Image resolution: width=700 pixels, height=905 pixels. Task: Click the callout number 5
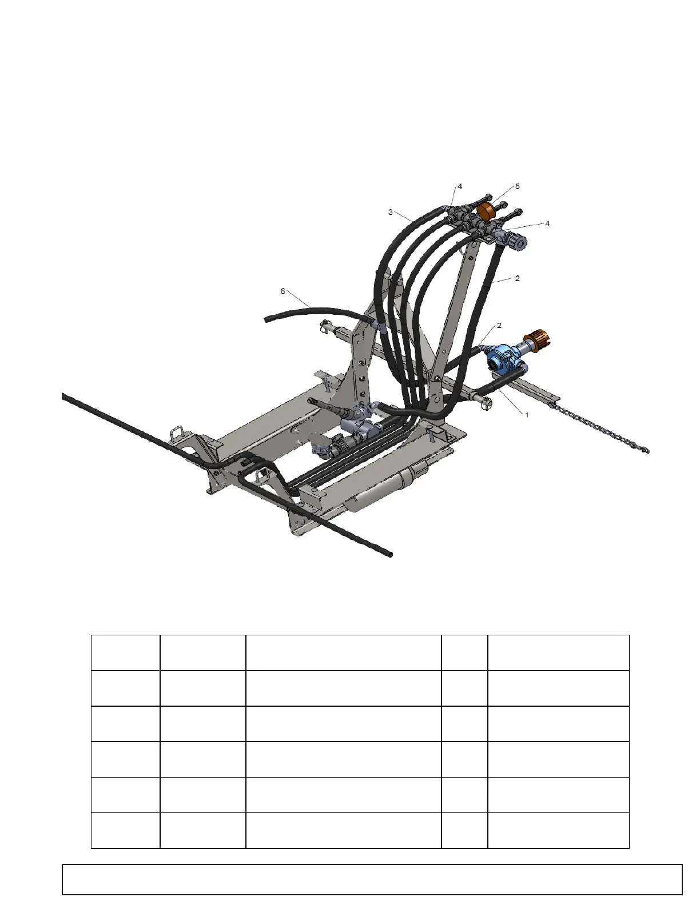[518, 186]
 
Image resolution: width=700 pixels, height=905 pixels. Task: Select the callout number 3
[390, 212]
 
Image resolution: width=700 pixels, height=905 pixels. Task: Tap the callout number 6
[283, 291]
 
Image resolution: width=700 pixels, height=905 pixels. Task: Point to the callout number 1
[527, 415]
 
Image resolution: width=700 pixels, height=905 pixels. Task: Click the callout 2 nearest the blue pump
[499, 325]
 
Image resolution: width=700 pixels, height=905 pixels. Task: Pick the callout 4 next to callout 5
[460, 186]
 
